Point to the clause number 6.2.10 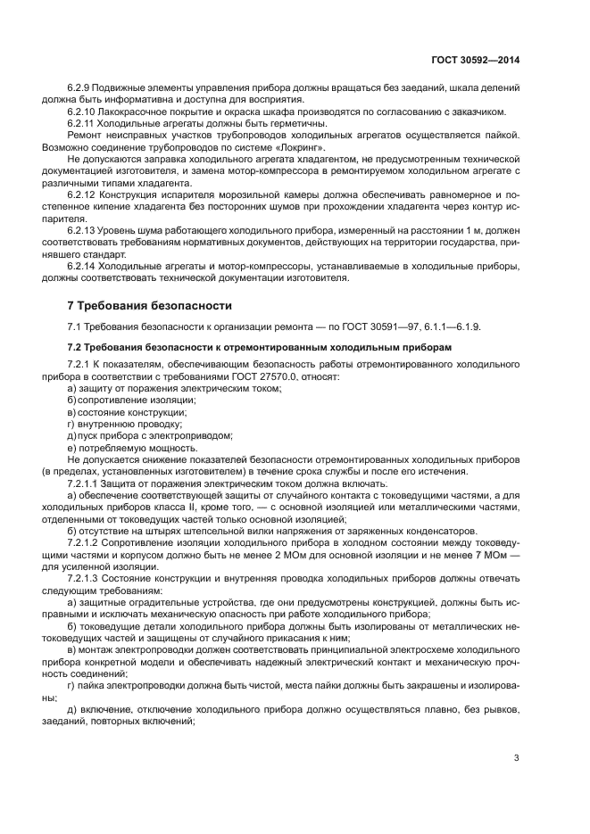coord(84,111)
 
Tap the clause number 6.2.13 coord(84,229)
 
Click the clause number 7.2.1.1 coord(87,483)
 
